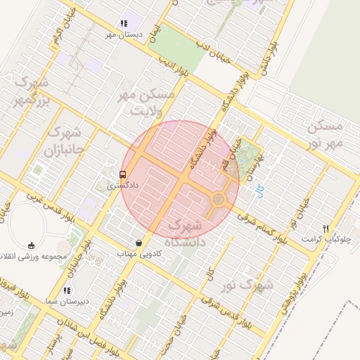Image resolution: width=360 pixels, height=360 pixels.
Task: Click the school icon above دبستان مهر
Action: (124, 23)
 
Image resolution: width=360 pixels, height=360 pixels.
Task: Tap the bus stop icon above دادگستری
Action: (124, 174)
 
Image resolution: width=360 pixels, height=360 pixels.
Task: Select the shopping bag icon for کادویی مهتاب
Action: (139, 243)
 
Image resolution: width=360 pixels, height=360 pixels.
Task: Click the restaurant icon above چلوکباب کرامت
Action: (325, 228)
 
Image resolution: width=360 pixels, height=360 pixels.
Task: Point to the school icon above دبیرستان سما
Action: (67, 290)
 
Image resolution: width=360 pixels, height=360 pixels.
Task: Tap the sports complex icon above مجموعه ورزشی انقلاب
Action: (31, 245)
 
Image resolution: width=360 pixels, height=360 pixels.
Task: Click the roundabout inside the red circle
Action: (218, 200)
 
